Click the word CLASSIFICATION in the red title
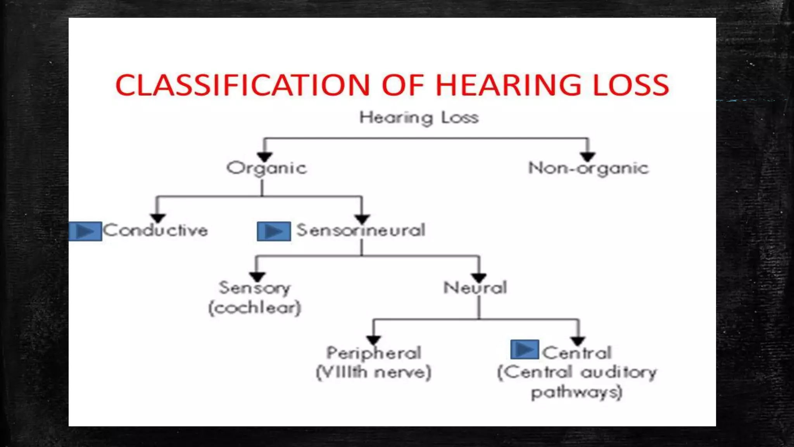point(243,85)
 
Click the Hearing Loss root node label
point(419,118)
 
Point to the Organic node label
point(267,168)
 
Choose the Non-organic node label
point(588,168)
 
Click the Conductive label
point(155,230)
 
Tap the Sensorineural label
point(361,230)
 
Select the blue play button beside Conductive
point(85,231)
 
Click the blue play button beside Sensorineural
point(274,231)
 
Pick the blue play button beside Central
point(525,349)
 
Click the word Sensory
point(255,288)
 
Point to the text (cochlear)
point(255,308)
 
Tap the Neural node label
point(475,288)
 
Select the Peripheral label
point(374,353)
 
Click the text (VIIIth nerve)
point(374,372)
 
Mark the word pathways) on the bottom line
point(577,392)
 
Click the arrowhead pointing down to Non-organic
point(588,157)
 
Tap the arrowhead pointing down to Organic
point(265,157)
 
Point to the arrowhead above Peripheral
point(373,340)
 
